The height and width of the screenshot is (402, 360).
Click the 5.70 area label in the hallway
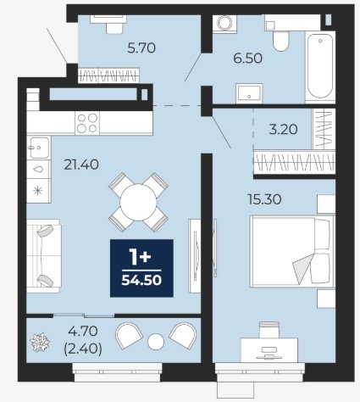coord(141,48)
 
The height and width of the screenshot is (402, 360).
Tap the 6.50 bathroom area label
coord(247,59)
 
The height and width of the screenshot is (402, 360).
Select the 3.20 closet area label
coord(283,129)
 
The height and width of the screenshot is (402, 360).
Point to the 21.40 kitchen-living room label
coord(81,165)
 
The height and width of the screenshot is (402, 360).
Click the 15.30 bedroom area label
coord(264,199)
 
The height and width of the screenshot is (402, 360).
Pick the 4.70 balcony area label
coord(83,331)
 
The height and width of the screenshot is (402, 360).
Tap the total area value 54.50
coord(141,280)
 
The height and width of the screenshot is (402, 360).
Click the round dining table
coord(138,202)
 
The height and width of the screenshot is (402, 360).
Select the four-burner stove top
coord(87,123)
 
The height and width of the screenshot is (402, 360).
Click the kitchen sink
coord(39,148)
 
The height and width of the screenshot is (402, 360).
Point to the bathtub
coord(320,66)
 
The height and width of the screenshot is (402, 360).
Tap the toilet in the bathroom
coord(280,41)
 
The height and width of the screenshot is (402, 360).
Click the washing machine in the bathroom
coord(224,23)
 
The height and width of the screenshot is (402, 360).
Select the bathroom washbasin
coord(249,93)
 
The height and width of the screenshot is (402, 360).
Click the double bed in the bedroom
coord(292,252)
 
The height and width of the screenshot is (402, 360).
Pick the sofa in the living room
coord(44,256)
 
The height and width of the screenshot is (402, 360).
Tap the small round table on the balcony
coord(156,341)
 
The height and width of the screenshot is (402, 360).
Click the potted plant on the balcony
coord(40,343)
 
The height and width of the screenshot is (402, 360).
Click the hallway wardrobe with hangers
coord(108,75)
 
